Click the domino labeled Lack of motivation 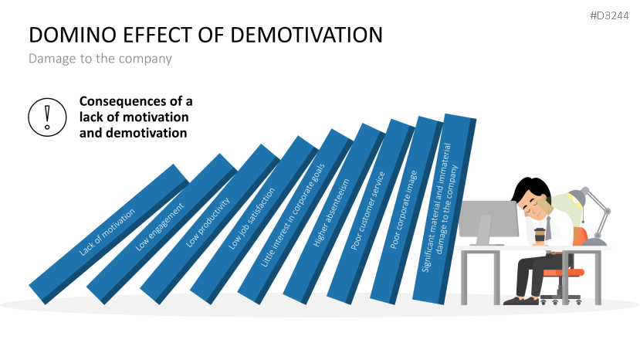pos(107,232)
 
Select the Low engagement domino pos(160,227)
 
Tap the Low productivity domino pos(208,223)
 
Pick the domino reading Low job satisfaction pos(253,221)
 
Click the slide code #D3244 pos(610,15)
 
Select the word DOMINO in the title pos(64,36)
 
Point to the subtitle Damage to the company pos(100,59)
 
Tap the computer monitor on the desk pos(488,219)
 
